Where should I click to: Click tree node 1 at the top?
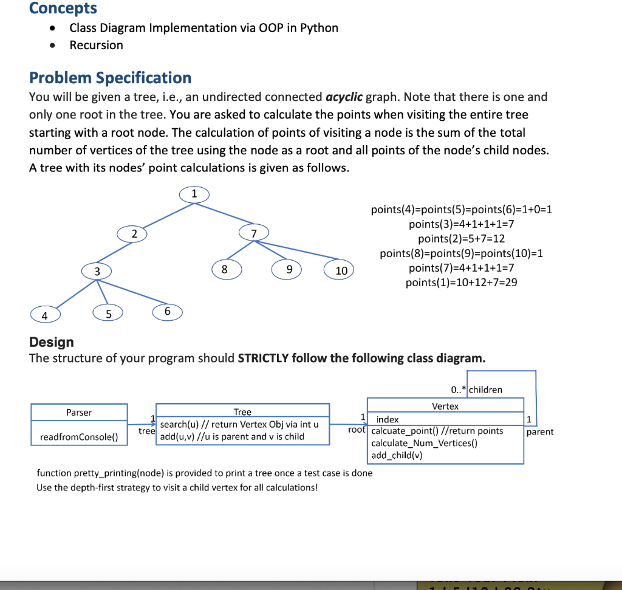click(194, 194)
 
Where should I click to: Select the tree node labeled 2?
click(135, 233)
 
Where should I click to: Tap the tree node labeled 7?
click(254, 233)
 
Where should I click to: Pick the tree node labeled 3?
click(97, 271)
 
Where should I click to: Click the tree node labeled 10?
click(341, 270)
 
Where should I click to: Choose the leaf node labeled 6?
click(168, 311)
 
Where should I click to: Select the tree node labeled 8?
click(225, 268)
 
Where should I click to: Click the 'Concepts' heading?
click(63, 9)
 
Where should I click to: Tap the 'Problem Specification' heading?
click(110, 78)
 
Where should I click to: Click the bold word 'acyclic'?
click(344, 97)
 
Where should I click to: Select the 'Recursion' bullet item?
click(96, 45)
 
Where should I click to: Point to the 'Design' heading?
click(52, 342)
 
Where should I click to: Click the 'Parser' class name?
click(79, 413)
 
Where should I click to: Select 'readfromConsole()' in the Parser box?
click(79, 437)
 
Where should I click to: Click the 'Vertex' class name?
click(445, 406)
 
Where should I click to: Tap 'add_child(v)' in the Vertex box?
click(397, 455)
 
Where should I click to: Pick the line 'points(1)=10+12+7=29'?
click(461, 282)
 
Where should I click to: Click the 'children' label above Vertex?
click(485, 389)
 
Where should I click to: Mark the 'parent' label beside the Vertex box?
click(540, 431)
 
